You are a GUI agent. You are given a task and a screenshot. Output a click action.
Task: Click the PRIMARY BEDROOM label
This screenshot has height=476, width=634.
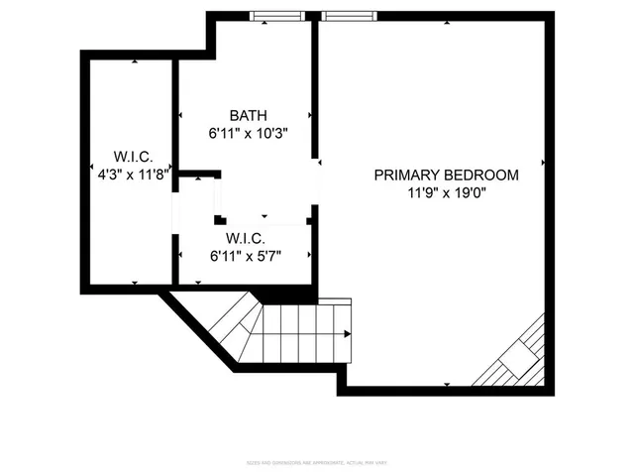[446, 176]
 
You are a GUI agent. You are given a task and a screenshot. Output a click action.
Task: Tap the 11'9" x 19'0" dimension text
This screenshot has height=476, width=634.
[446, 192]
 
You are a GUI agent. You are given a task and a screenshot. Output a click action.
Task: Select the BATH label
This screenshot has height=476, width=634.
[248, 115]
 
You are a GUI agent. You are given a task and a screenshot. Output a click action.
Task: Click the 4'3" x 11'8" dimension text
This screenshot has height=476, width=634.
[129, 173]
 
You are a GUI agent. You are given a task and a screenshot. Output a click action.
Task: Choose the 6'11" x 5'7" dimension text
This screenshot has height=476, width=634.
[245, 255]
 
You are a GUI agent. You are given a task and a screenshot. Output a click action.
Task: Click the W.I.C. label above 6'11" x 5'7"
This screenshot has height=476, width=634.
[245, 238]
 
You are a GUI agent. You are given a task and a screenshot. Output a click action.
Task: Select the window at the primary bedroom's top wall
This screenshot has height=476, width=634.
[348, 16]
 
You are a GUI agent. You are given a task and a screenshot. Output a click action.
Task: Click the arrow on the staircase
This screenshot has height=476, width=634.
[346, 332]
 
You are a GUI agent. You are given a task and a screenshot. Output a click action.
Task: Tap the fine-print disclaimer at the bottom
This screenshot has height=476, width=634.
[316, 463]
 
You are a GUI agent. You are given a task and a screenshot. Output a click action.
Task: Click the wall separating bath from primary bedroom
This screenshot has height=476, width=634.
[315, 89]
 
